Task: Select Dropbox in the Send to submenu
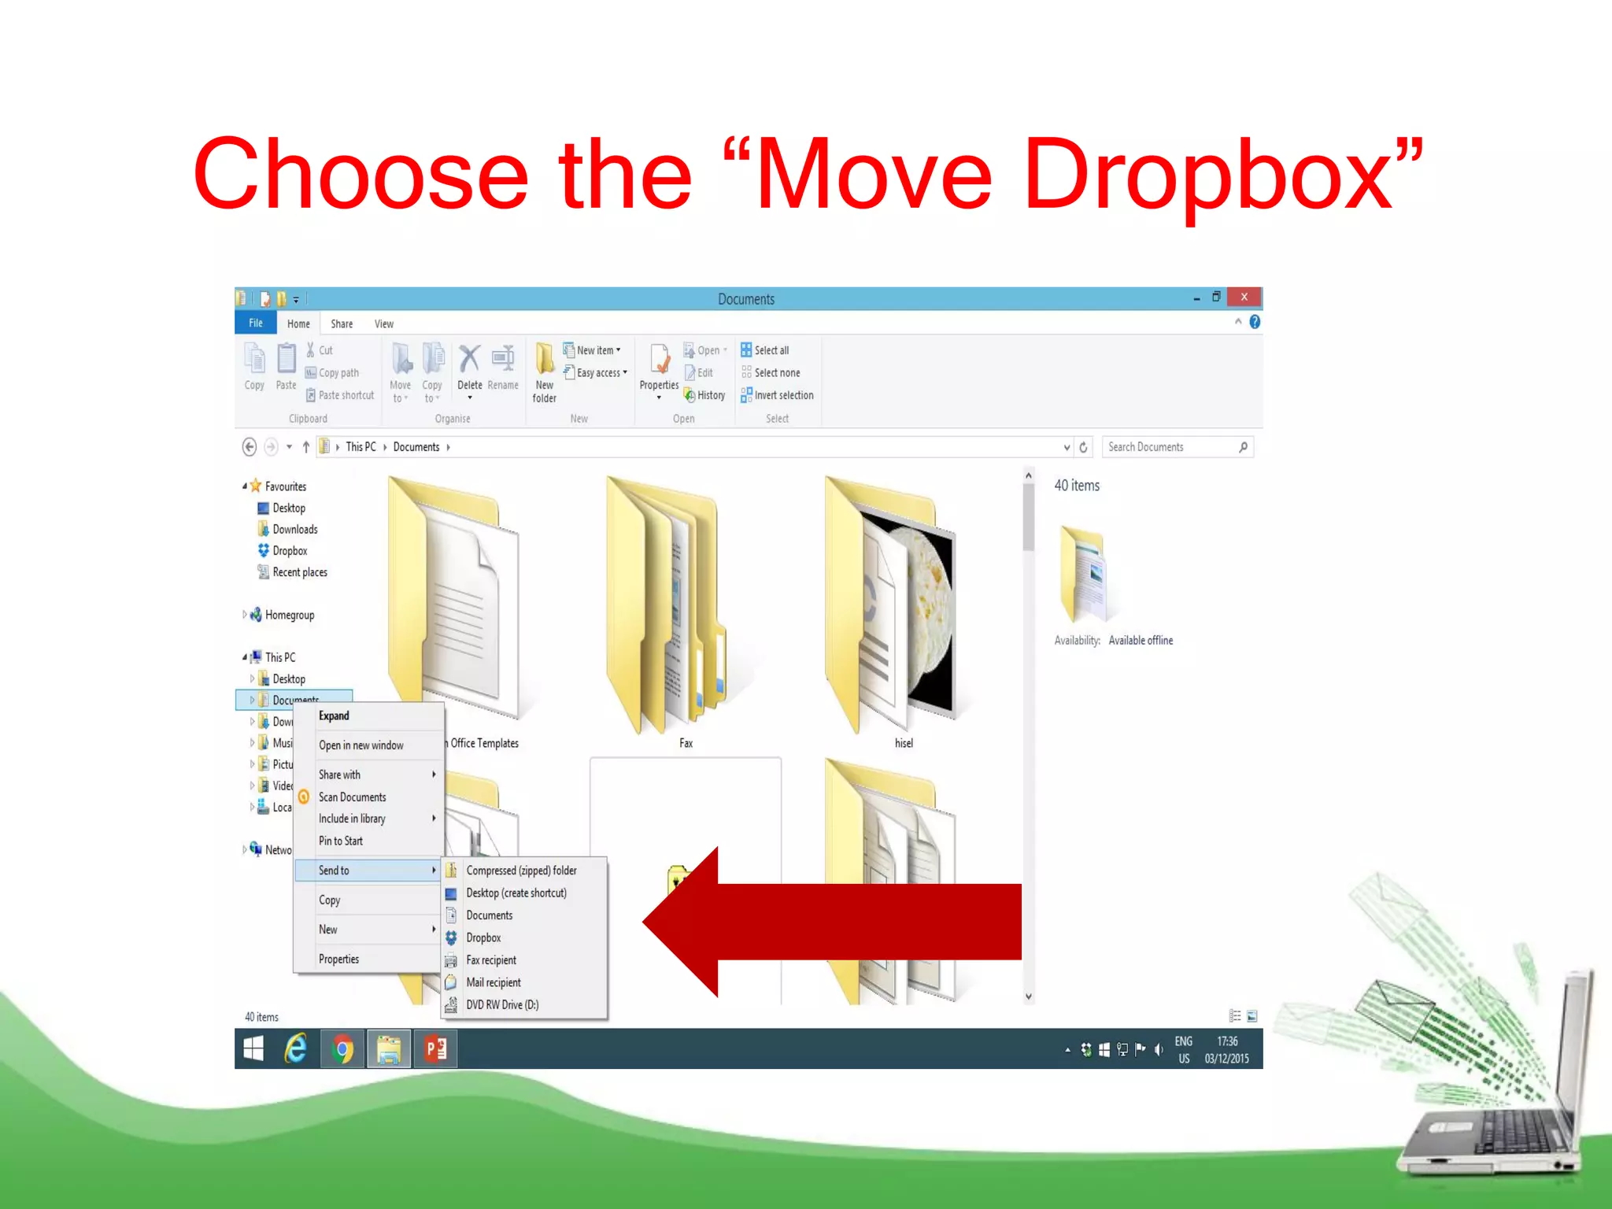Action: [483, 937]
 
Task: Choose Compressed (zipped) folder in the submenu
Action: [521, 870]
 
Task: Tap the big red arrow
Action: [834, 922]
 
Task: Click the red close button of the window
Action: [1244, 298]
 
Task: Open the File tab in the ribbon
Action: [256, 323]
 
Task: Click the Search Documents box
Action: [1170, 447]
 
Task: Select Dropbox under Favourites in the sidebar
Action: [290, 551]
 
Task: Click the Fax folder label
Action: [686, 743]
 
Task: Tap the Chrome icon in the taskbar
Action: [342, 1048]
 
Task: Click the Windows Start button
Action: [253, 1048]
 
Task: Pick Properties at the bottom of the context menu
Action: [338, 959]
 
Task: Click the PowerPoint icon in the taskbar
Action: [435, 1048]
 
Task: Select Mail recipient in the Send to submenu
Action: [494, 982]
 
